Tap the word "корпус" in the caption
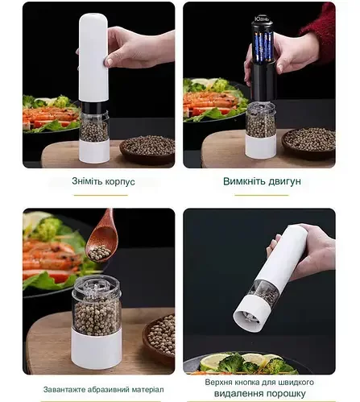pyautogui.click(x=120, y=181)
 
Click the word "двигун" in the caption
pyautogui.click(x=285, y=181)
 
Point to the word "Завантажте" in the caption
pyautogui.click(x=64, y=389)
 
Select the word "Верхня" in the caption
pyautogui.click(x=217, y=382)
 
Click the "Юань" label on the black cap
pyautogui.click(x=262, y=19)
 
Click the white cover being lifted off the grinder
pyautogui.click(x=93, y=57)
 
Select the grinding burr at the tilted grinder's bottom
pyautogui.click(x=247, y=317)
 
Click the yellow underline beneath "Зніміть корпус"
pyautogui.click(x=101, y=195)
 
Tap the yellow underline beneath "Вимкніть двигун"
pyautogui.click(x=262, y=195)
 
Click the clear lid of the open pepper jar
pyautogui.click(x=96, y=287)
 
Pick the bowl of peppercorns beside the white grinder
pyautogui.click(x=147, y=150)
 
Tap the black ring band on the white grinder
pyautogui.click(x=94, y=106)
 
